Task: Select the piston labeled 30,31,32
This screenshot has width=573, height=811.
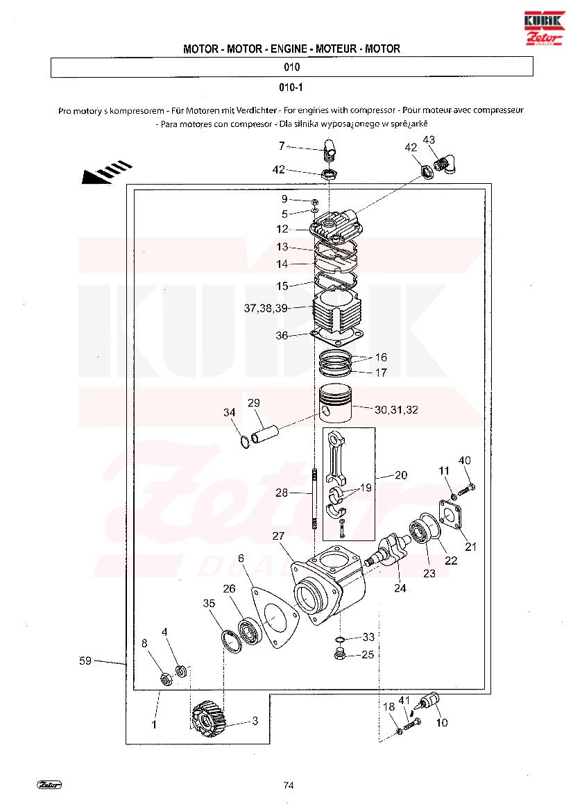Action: (335, 405)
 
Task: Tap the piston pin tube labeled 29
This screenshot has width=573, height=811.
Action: (265, 434)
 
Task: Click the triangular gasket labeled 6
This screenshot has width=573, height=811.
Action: (274, 617)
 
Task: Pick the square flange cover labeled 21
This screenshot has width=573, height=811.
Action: (452, 514)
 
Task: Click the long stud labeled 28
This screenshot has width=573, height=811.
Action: (314, 498)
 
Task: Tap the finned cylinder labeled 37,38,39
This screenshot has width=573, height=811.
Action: (338, 312)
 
